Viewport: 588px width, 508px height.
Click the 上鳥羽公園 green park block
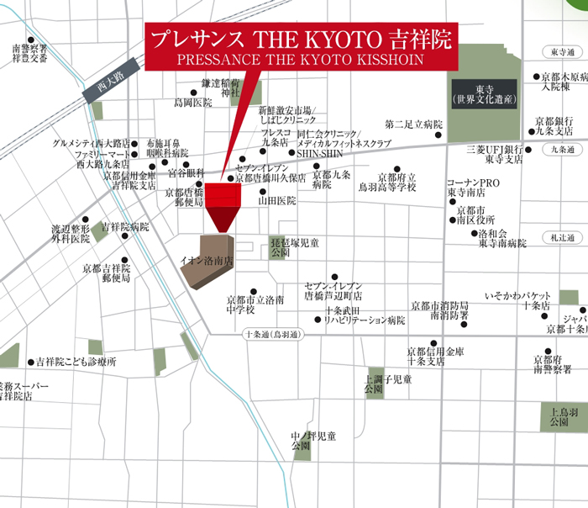559,417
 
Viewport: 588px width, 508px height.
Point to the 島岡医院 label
193,103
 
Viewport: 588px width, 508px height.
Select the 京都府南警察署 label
552,364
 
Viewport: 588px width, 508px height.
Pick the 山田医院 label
277,201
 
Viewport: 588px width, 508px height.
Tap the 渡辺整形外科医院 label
70,233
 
